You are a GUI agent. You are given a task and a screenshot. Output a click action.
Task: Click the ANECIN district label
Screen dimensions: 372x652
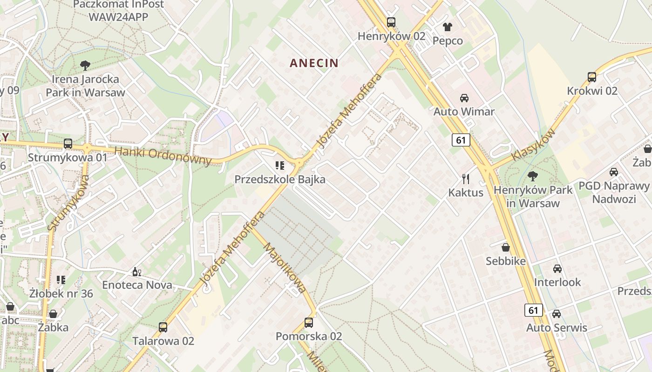[x=314, y=63]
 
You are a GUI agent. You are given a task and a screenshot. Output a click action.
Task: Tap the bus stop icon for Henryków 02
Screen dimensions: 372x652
[x=391, y=22]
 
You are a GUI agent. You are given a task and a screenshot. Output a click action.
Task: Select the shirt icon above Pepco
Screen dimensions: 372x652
[x=448, y=27]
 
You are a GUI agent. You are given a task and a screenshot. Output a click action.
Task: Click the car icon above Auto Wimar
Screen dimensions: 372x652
[x=464, y=98]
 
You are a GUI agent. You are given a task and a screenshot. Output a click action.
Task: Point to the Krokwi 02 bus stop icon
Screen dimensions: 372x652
[x=592, y=77]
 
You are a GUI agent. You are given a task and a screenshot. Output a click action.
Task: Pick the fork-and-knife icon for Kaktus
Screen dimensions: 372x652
[x=465, y=179]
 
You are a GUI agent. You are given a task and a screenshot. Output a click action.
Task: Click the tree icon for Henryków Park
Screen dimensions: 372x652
[x=533, y=176]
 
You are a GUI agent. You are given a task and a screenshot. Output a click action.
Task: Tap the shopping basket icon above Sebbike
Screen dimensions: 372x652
[x=506, y=247]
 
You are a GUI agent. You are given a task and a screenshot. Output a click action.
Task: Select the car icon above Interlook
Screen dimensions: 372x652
[x=557, y=269]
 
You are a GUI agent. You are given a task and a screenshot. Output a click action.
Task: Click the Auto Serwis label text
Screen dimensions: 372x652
[x=557, y=328]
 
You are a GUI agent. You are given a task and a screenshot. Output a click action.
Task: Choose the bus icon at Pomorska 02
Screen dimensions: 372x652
[x=308, y=322]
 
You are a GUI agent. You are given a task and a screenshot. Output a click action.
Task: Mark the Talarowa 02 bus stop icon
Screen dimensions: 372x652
[x=163, y=327]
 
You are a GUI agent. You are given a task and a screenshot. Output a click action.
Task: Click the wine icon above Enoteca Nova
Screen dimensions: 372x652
[x=136, y=272]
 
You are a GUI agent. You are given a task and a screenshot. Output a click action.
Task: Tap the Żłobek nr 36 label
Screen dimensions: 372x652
[x=61, y=293]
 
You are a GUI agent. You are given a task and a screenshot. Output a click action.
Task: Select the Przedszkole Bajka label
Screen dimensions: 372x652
[x=280, y=179]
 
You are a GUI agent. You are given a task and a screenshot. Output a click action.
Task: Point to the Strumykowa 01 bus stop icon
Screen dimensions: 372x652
[x=68, y=144]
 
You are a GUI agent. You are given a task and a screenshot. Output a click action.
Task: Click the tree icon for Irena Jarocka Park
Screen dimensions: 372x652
[x=85, y=66]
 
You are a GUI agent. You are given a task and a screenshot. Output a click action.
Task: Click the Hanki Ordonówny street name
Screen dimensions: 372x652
[x=163, y=156]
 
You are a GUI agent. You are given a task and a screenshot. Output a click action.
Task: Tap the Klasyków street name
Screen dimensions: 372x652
[x=534, y=145]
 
